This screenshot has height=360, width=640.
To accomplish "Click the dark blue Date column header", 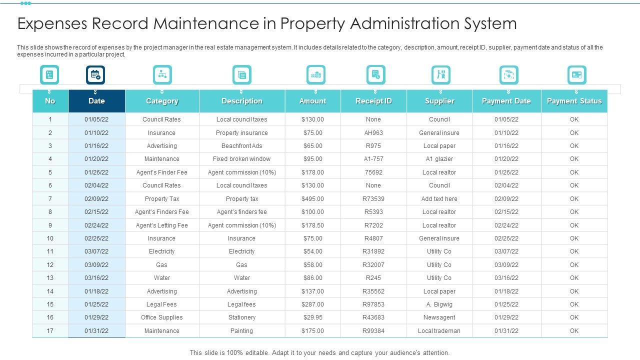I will [x=96, y=101].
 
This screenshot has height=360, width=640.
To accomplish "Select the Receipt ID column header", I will [x=373, y=101].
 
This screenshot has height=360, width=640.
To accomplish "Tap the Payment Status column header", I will [x=574, y=101].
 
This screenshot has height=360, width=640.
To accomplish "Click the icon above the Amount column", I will [x=315, y=75].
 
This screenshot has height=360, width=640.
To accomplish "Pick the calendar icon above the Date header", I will [x=95, y=75].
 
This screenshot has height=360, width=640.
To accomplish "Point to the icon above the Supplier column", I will [x=440, y=75].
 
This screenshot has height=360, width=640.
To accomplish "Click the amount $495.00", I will [x=312, y=198].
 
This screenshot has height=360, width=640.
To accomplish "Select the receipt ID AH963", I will [x=373, y=133].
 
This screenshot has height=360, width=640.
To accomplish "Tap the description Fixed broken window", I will [x=241, y=159].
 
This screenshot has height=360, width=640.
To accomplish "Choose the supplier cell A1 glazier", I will [x=439, y=159].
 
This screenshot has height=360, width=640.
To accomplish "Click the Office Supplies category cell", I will [x=161, y=317].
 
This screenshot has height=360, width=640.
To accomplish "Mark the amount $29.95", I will [x=312, y=317].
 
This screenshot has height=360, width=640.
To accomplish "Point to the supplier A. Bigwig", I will [x=439, y=304].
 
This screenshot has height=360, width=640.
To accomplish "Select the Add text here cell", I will [x=439, y=198].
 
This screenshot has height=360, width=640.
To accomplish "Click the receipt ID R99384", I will [x=373, y=331].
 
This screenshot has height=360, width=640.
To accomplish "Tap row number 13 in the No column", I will [x=50, y=278].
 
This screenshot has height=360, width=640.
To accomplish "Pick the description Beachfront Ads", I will [x=241, y=146].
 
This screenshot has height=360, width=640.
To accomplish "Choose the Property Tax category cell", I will [x=161, y=198].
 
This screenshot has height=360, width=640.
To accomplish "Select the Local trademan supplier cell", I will [x=439, y=331].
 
